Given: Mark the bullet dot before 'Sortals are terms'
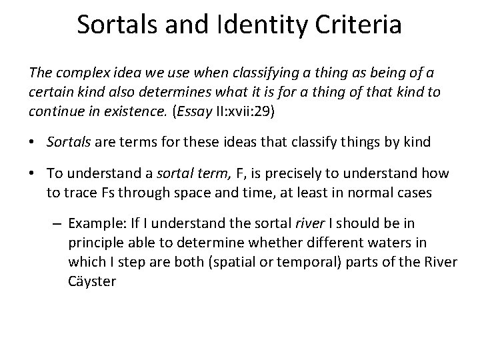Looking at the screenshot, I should (33, 141).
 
